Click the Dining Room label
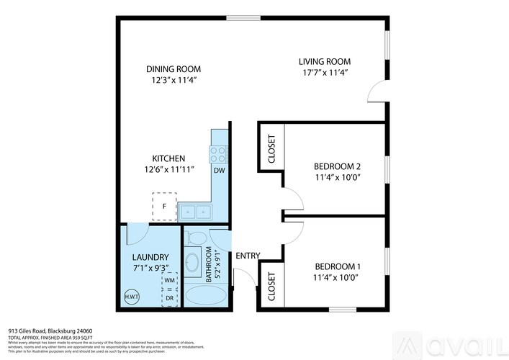coord(172,69)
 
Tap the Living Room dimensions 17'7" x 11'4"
coord(324,72)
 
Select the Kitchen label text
coord(169,158)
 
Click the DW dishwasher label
coord(218,171)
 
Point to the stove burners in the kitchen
coord(218,153)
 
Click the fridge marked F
coord(164,207)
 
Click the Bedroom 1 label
coord(337,266)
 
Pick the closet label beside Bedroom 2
coord(271,149)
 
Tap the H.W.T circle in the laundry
coord(132,296)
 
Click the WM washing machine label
coord(170,282)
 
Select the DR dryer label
coord(170,298)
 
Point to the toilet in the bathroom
coord(198,237)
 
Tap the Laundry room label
coord(150,257)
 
